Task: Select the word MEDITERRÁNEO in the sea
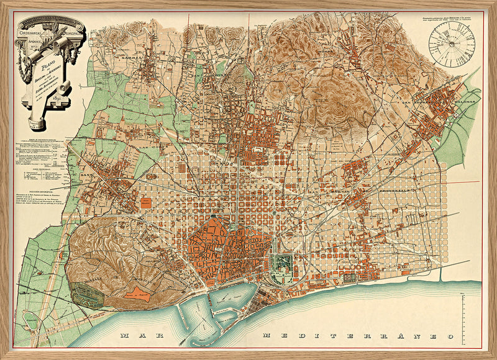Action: (354, 336)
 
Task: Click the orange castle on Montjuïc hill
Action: (138, 295)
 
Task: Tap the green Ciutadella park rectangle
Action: (283, 264)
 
